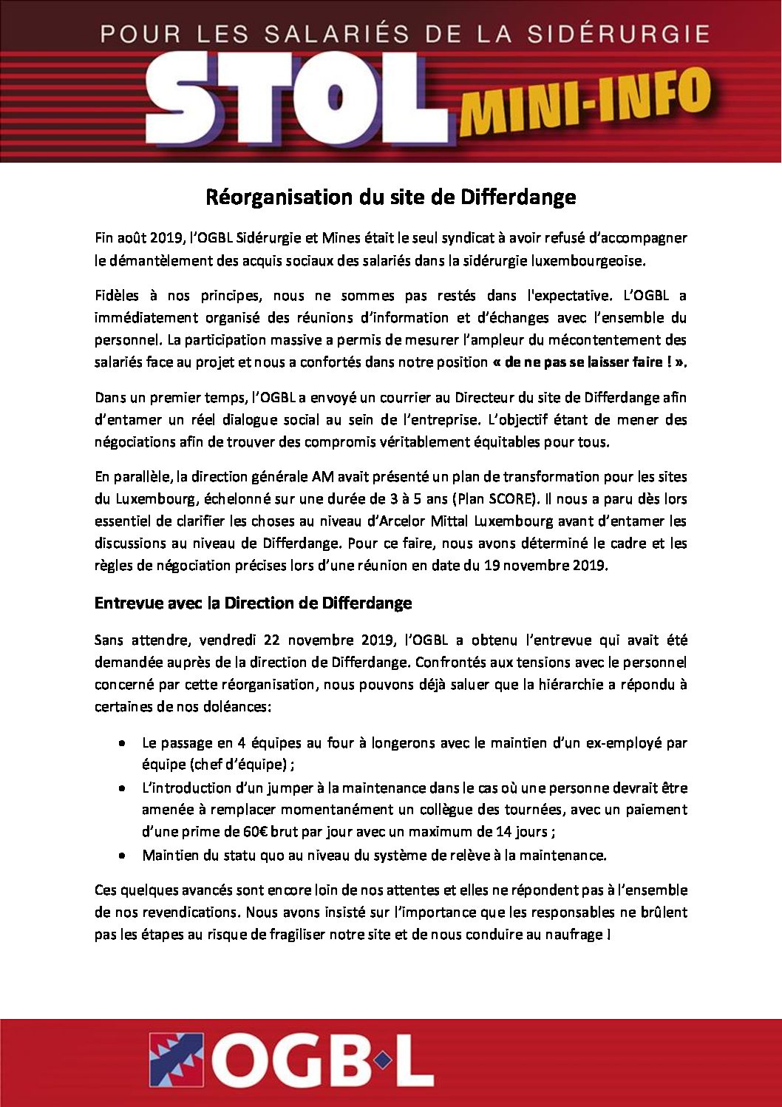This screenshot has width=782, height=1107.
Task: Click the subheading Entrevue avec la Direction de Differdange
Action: [253, 603]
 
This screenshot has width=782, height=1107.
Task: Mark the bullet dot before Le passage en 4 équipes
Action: [122, 743]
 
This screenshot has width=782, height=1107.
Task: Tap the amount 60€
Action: [255, 832]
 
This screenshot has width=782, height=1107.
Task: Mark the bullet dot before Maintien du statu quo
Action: [122, 856]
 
